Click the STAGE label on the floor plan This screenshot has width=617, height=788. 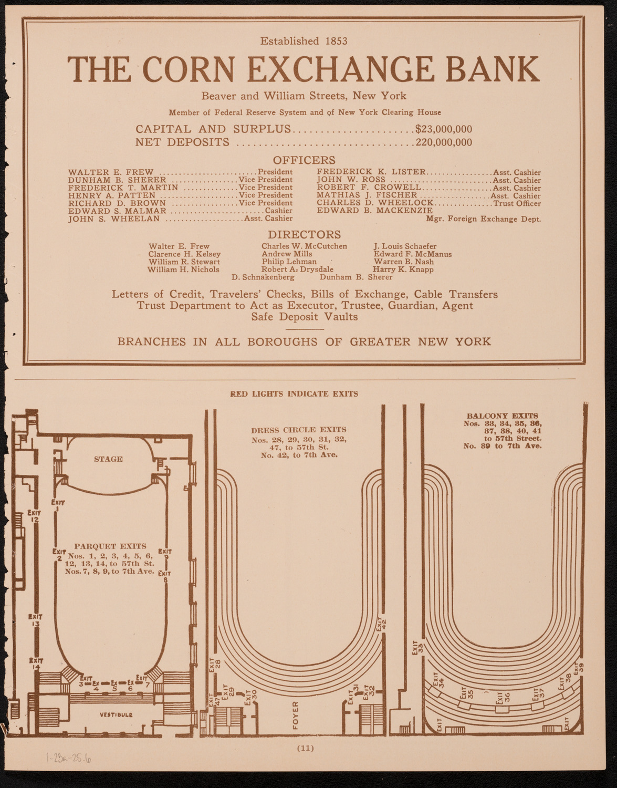(x=108, y=459)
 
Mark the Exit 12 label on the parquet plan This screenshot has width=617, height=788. (x=35, y=516)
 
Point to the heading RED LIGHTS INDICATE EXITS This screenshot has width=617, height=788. (x=294, y=394)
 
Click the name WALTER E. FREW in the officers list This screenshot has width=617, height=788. (x=111, y=172)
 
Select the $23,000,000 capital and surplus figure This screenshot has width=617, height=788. (x=444, y=129)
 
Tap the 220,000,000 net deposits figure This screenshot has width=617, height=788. (x=444, y=142)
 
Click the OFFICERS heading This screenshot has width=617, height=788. (x=304, y=160)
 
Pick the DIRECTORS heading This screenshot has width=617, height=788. (x=305, y=234)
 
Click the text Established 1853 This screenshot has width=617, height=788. (x=304, y=41)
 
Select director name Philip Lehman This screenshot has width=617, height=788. (x=289, y=262)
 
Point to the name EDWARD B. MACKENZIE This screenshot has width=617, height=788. (x=374, y=210)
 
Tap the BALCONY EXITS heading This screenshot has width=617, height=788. (x=503, y=416)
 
